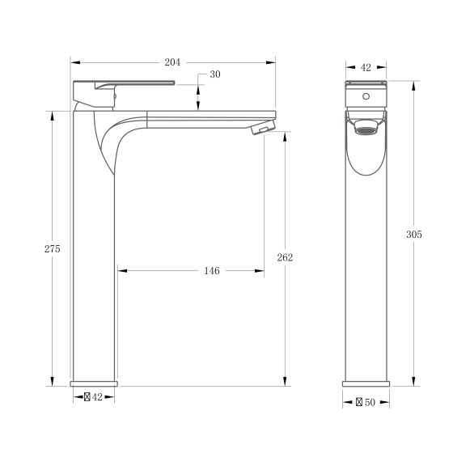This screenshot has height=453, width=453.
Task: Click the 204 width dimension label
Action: (x=172, y=61)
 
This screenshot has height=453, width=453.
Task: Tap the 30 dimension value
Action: (x=214, y=74)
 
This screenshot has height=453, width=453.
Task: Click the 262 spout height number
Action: (x=285, y=257)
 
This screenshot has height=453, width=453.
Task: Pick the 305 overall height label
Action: (x=413, y=234)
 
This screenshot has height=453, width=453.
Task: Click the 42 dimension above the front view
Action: (x=366, y=68)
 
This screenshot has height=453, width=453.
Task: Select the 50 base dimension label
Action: (x=370, y=401)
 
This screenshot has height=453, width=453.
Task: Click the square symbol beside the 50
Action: (x=359, y=401)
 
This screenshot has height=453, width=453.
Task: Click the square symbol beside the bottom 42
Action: (x=87, y=397)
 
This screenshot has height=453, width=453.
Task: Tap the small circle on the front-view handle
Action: (x=366, y=96)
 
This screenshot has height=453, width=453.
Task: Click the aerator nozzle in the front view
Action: (x=366, y=127)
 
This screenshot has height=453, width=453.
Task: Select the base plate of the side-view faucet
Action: (x=94, y=383)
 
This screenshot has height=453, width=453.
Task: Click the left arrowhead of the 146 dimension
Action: (x=121, y=271)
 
